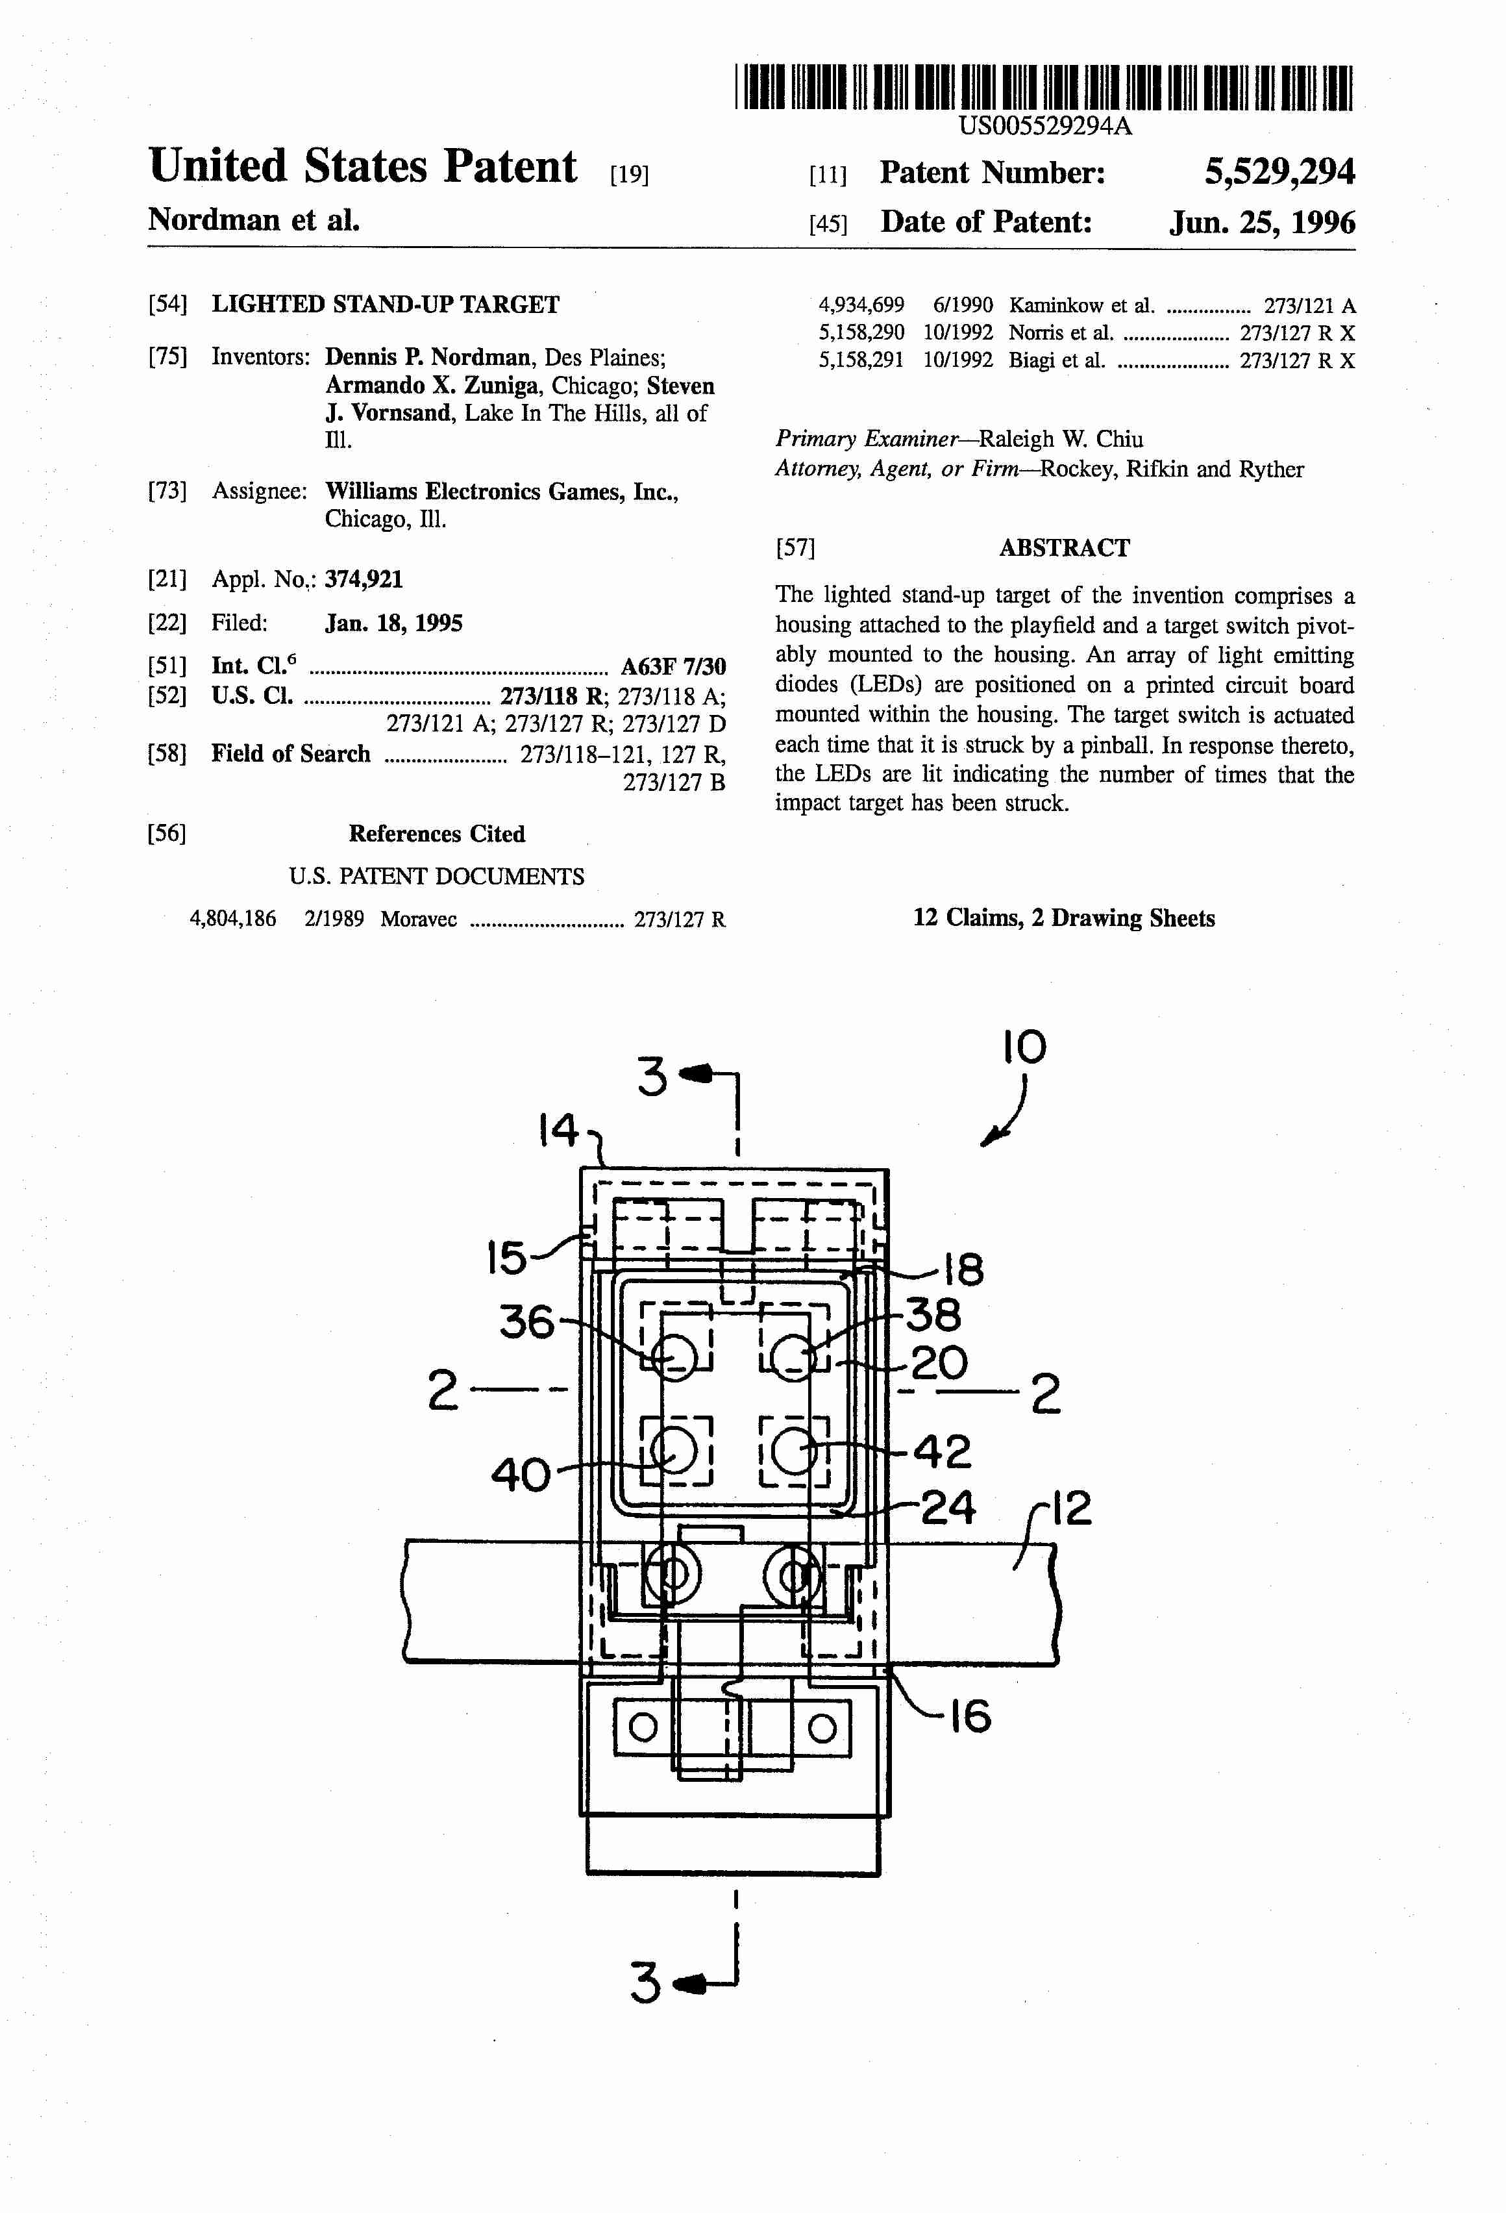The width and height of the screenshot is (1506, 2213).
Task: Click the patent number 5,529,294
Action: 1279,172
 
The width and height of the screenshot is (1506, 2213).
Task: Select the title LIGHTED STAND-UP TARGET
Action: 386,305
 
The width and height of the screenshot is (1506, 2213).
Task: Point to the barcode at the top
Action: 1043,88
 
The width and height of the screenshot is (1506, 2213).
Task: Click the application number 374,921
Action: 364,579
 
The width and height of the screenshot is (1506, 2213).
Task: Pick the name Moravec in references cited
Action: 418,919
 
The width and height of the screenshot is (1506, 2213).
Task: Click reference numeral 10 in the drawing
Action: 1023,1047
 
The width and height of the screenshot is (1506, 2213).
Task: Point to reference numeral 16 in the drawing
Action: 970,1717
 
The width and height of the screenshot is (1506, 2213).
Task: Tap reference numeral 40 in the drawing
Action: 520,1475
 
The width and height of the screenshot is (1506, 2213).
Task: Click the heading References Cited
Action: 436,834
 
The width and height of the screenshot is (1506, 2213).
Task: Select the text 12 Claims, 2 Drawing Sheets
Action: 1063,918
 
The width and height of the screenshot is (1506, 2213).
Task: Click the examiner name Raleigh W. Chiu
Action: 1061,439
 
